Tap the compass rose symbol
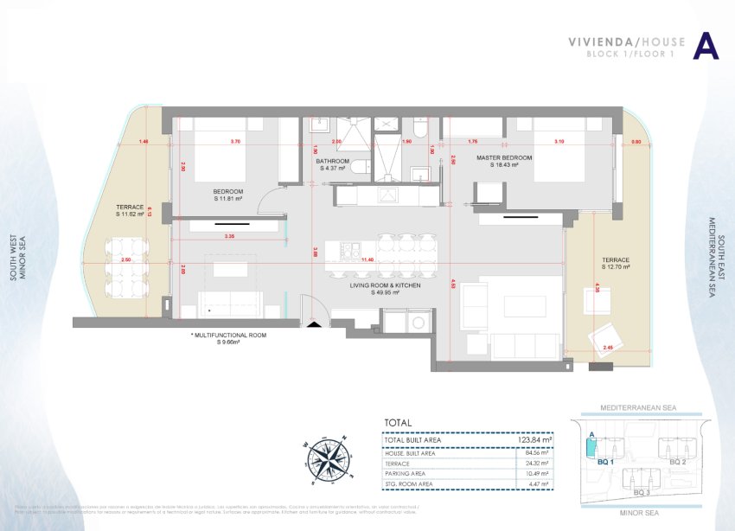coord(327,453)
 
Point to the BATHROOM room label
coord(332,161)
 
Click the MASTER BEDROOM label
coord(504,158)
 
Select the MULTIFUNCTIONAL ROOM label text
coord(228,335)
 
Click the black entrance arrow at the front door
coord(314,323)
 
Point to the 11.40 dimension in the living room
coord(367,259)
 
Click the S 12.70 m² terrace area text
coord(617,267)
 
